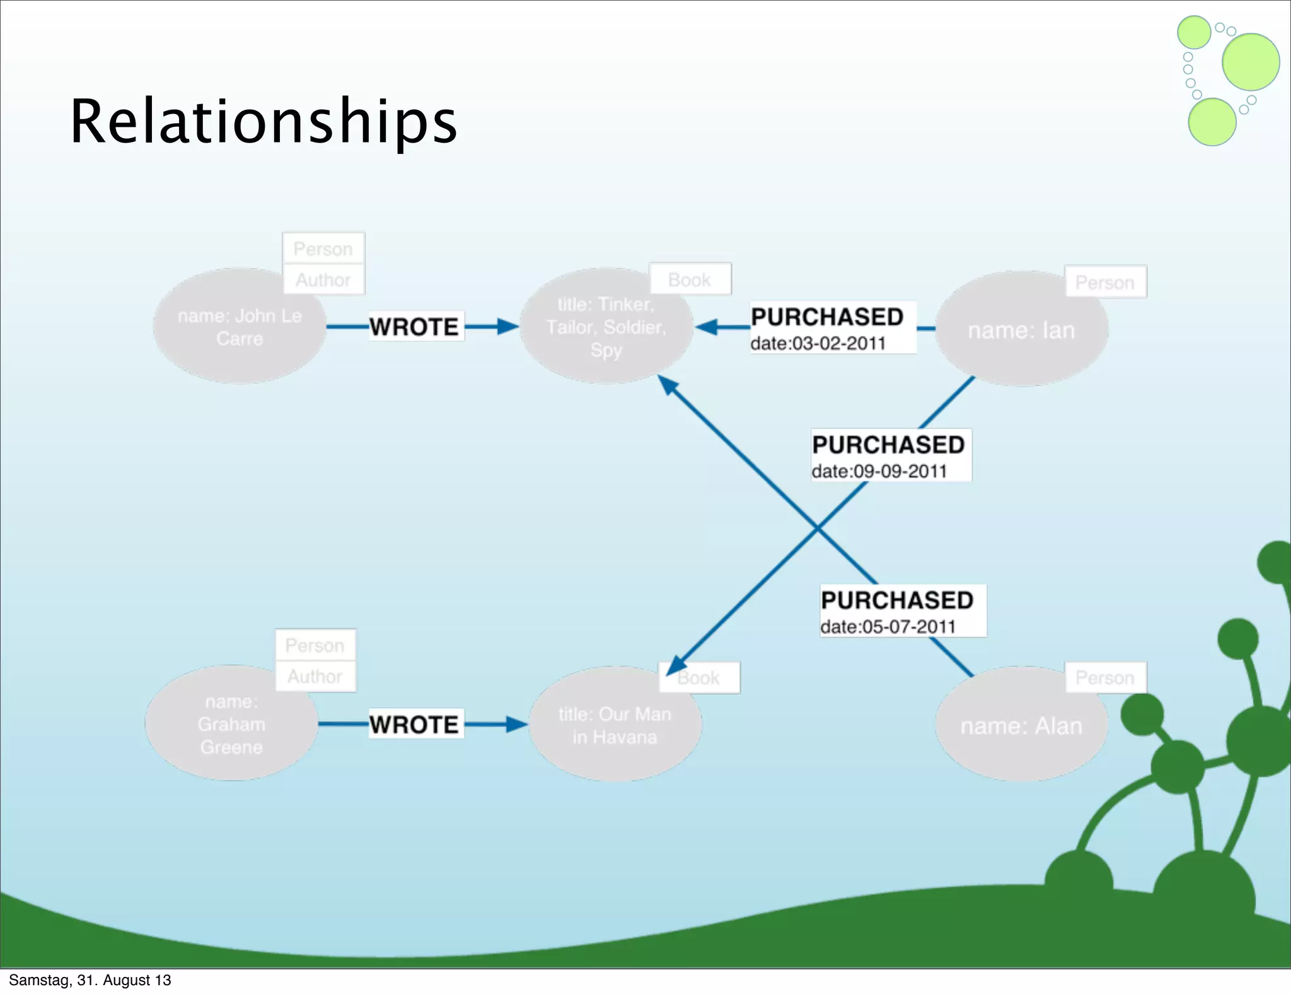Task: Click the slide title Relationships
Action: click(x=263, y=121)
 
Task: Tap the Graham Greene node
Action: click(x=231, y=724)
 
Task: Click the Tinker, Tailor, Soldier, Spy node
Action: click(x=606, y=327)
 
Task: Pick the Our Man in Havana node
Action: click(x=615, y=725)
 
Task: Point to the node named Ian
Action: click(x=1021, y=330)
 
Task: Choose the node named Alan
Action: click(x=1021, y=725)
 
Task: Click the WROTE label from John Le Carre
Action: click(x=415, y=327)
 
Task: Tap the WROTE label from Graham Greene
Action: click(x=415, y=724)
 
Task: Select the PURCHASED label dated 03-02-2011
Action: click(x=827, y=317)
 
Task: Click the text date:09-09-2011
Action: click(x=879, y=471)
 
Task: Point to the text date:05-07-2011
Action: click(x=888, y=626)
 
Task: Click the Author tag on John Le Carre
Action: click(x=323, y=279)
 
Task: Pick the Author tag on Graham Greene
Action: click(x=315, y=676)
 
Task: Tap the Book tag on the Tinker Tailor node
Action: click(x=690, y=279)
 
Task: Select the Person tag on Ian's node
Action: click(x=1104, y=282)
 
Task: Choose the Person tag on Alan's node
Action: click(x=1104, y=677)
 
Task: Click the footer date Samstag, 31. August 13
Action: click(x=90, y=979)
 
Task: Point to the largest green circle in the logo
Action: click(x=1250, y=62)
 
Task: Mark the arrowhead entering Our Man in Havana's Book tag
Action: click(x=676, y=665)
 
